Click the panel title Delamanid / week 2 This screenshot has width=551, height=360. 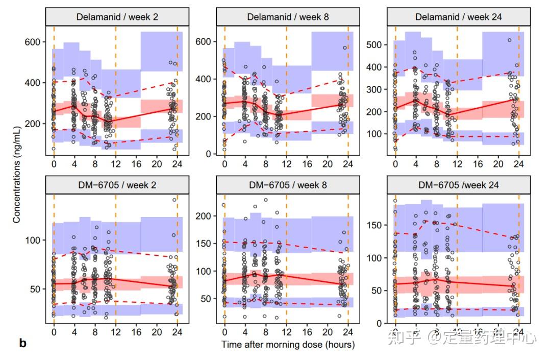pyautogui.click(x=117, y=16)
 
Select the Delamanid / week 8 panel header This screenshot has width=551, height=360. pyautogui.click(x=288, y=16)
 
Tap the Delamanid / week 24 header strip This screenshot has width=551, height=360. pyautogui.click(x=459, y=16)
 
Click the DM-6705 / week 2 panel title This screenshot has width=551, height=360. pyautogui.click(x=117, y=185)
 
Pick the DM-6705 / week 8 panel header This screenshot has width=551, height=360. pyautogui.click(x=288, y=185)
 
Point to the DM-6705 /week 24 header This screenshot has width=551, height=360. pyautogui.click(x=459, y=185)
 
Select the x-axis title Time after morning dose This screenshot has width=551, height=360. pyautogui.click(x=288, y=344)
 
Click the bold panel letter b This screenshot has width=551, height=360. pyautogui.click(x=22, y=343)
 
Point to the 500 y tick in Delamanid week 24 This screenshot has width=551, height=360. pyautogui.click(x=375, y=44)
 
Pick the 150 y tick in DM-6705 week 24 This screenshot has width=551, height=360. pyautogui.click(x=375, y=225)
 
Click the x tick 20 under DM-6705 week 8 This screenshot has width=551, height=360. pyautogui.click(x=328, y=332)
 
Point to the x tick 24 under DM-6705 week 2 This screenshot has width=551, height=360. pyautogui.click(x=177, y=332)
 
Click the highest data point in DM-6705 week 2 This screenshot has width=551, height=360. pyautogui.click(x=174, y=200)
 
